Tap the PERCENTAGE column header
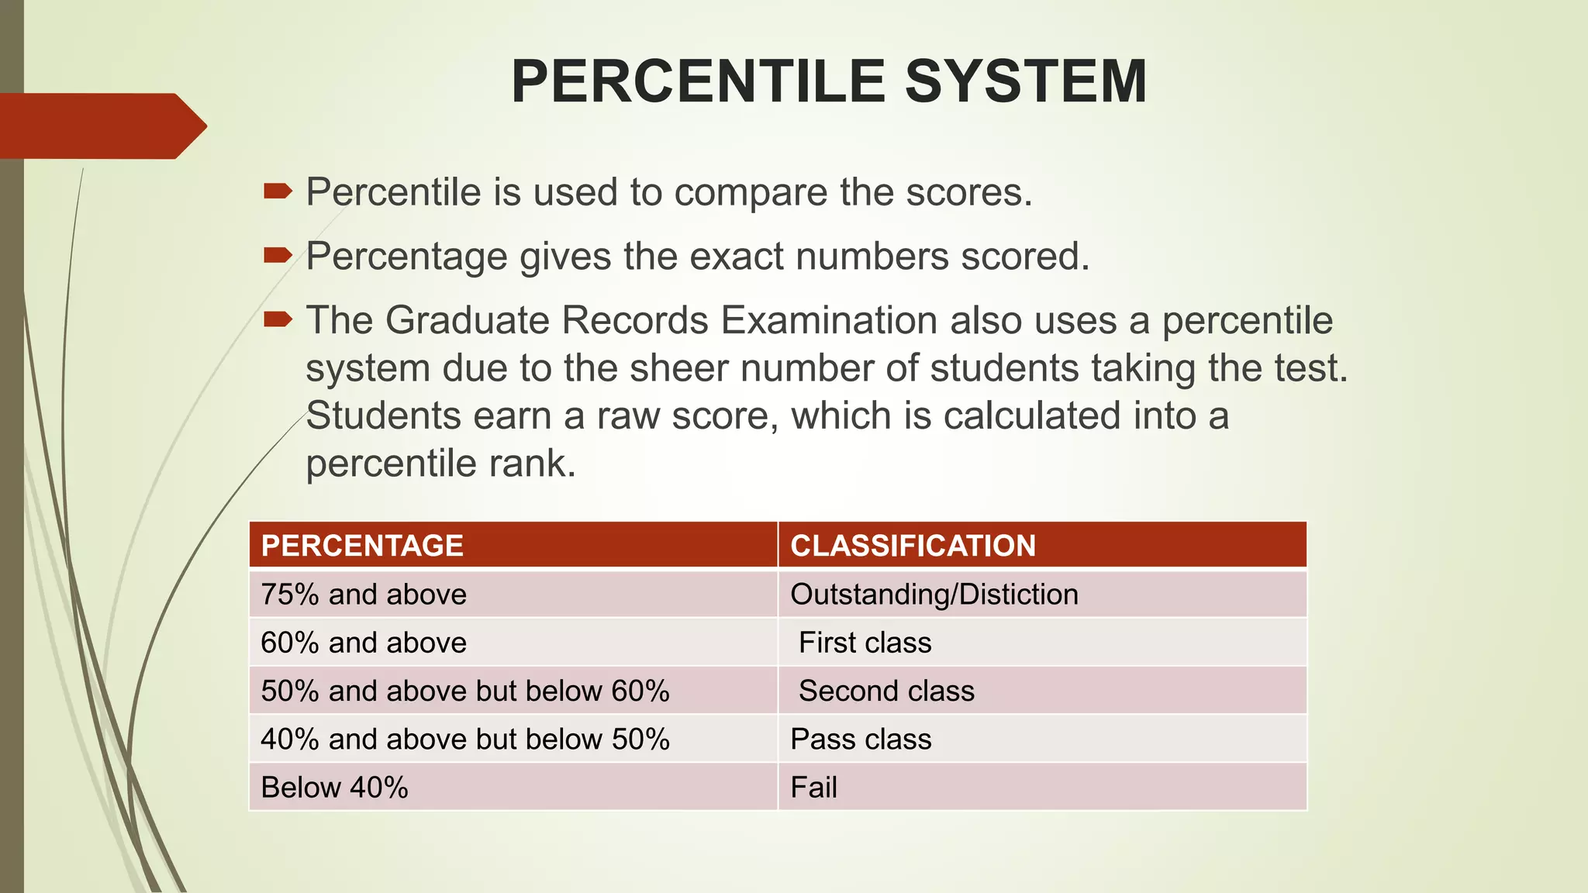362,546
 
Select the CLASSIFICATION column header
913,546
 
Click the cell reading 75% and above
364,595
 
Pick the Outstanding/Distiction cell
934,595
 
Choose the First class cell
865,643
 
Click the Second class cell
885,691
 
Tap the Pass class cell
861,739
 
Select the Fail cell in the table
813,788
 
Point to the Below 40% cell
334,788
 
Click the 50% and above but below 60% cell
464,691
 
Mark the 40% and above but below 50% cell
464,739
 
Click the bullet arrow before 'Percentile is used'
278,191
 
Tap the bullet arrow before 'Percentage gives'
278,255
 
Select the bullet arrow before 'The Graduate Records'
278,319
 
